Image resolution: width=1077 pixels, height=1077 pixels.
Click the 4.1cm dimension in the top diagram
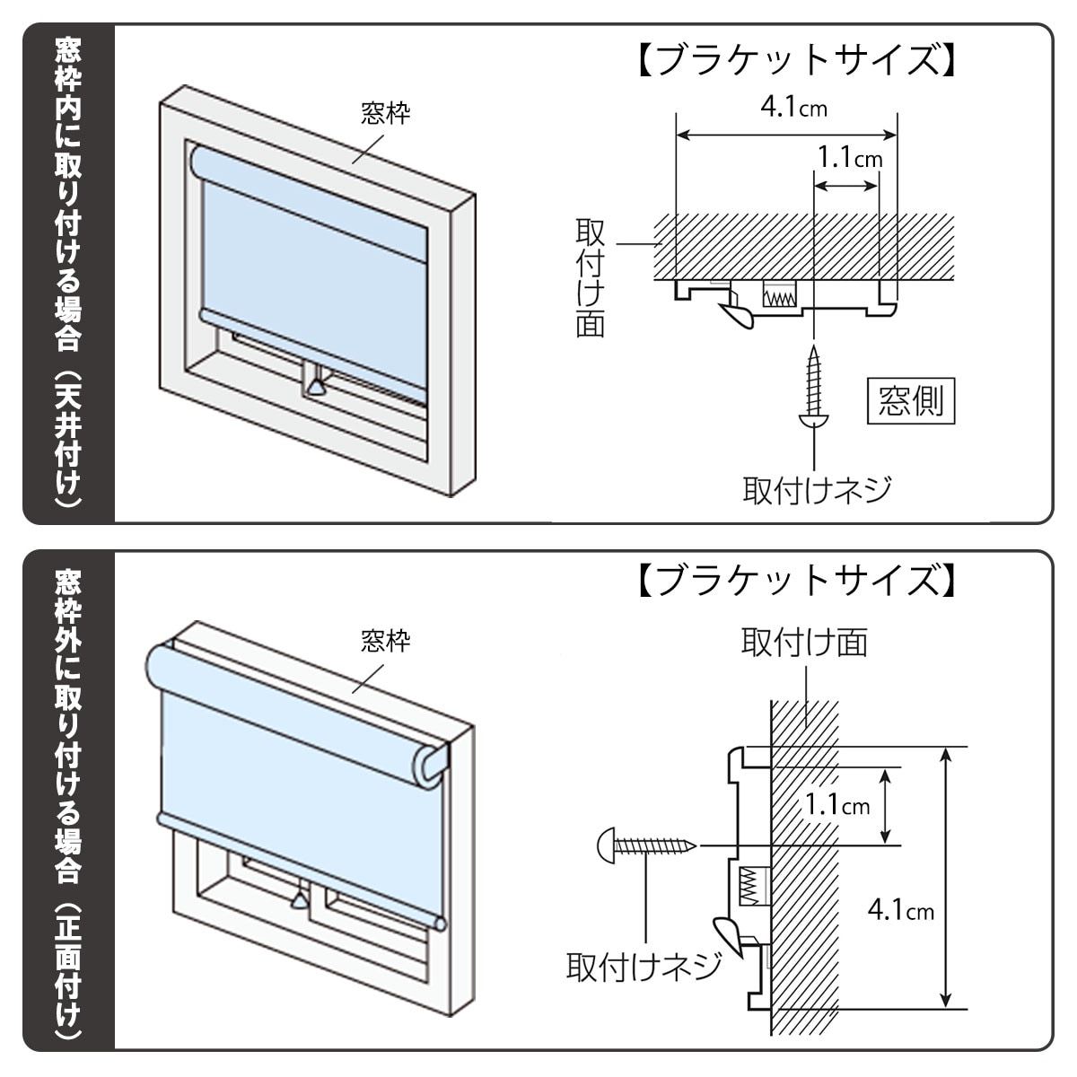coord(793,109)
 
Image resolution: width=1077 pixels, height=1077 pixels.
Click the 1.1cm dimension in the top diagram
coord(849,159)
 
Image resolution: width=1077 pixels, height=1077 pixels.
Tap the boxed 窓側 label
coord(910,400)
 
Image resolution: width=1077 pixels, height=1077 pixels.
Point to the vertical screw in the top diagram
coord(813,386)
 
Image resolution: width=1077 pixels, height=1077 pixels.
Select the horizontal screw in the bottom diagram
coord(646,845)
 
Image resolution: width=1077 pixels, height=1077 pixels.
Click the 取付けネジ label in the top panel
coord(817,490)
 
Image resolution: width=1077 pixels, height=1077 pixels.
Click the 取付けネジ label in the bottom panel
coord(644,967)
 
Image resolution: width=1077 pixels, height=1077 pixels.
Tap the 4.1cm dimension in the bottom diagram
coord(900,911)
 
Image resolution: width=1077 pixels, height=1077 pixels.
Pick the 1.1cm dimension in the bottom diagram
coord(836,804)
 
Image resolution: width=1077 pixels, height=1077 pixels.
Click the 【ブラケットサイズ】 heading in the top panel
coord(795,61)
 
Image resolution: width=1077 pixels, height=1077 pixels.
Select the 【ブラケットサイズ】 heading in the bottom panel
coord(795,581)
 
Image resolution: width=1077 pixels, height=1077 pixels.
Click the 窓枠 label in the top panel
coord(385,113)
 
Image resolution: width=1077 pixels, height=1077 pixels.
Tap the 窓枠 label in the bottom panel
coord(385,641)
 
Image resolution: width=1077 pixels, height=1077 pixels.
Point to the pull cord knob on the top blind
coord(315,386)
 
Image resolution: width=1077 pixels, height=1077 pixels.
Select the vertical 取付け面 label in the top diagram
coord(590,278)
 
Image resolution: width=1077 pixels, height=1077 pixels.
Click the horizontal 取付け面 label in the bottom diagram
coord(804,643)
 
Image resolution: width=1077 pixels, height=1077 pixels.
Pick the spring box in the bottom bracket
coord(753,887)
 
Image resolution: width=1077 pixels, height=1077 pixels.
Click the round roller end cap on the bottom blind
coord(428,764)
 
